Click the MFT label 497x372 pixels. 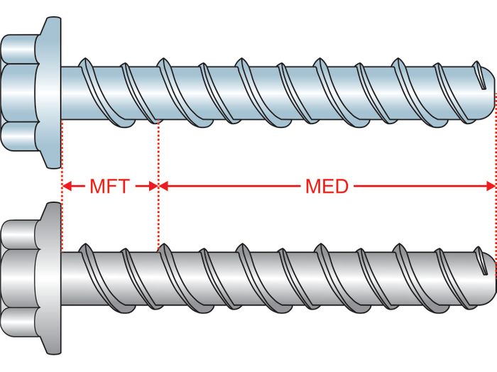click(109, 187)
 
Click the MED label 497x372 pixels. click(327, 187)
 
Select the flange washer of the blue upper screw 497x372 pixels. click(51, 92)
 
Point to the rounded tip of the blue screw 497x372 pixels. click(488, 92)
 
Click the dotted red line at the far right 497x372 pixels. click(494, 163)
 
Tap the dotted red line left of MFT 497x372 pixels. click(62, 163)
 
